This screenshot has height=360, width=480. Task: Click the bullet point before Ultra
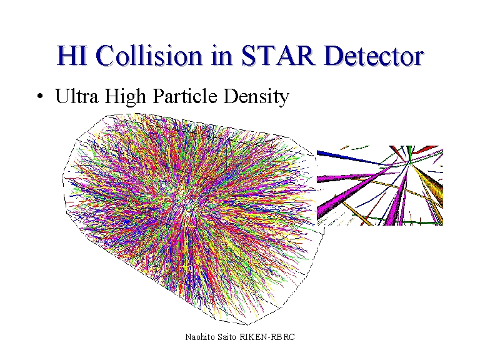pyautogui.click(x=40, y=96)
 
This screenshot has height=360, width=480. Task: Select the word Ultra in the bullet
pyautogui.click(x=76, y=96)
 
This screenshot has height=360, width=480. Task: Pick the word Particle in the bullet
pyautogui.click(x=185, y=96)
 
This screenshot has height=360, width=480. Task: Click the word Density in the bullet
pyautogui.click(x=256, y=97)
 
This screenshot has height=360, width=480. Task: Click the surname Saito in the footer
pyautogui.click(x=227, y=337)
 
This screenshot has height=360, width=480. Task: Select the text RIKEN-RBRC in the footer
pyautogui.click(x=267, y=337)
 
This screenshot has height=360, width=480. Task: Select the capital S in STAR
pyautogui.click(x=249, y=56)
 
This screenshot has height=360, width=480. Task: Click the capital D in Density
pyautogui.click(x=231, y=96)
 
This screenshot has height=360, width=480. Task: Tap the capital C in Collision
pyautogui.click(x=105, y=56)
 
